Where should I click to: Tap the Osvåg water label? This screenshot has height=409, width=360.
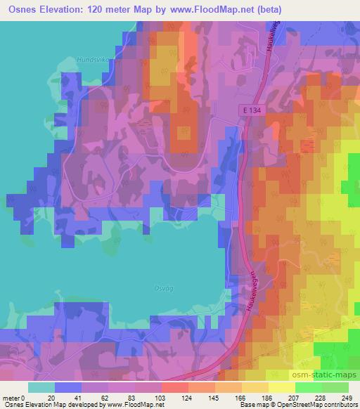click(x=142, y=287)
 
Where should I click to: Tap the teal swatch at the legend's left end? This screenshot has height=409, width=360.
click(x=41, y=387)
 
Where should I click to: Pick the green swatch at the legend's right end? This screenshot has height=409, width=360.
click(x=335, y=387)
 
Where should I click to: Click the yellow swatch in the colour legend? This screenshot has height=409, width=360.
click(x=281, y=387)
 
